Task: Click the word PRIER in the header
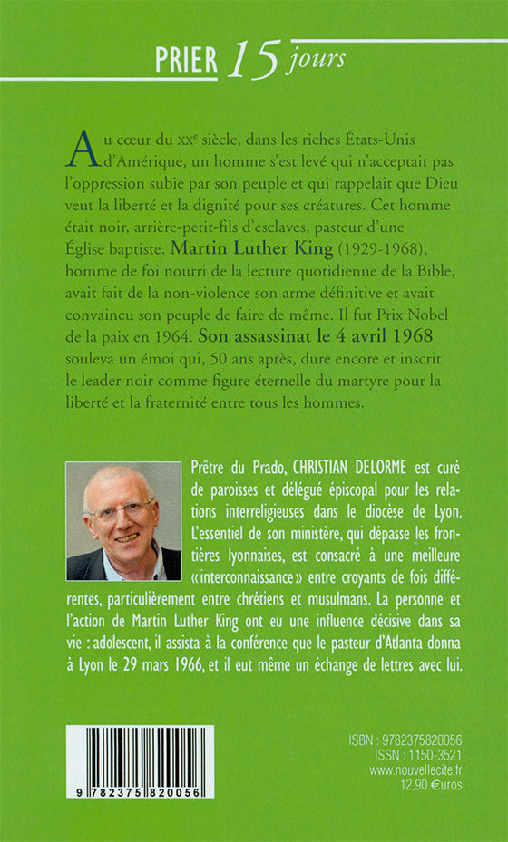coord(186,61)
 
